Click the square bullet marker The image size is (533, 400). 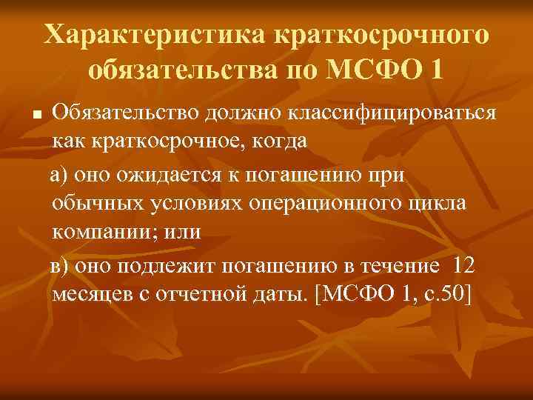tap(36, 116)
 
